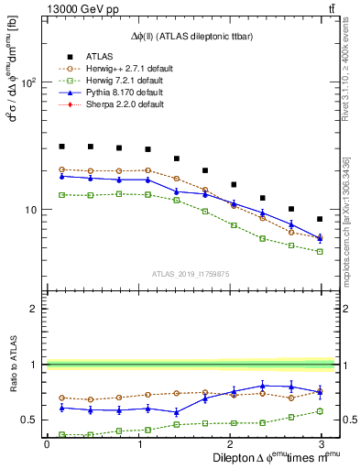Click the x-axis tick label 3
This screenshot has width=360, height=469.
[x=321, y=443]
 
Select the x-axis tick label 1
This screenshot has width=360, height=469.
[x=137, y=443]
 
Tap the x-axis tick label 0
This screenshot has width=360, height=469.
[x=47, y=443]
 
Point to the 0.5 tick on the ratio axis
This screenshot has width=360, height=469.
[x=29, y=420]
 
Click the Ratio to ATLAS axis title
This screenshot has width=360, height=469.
[x=12, y=365]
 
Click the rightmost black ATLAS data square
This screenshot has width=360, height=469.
[x=320, y=219]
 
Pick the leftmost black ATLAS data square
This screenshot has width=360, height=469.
[x=61, y=146]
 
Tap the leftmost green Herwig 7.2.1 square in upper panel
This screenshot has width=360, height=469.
[x=61, y=195]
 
